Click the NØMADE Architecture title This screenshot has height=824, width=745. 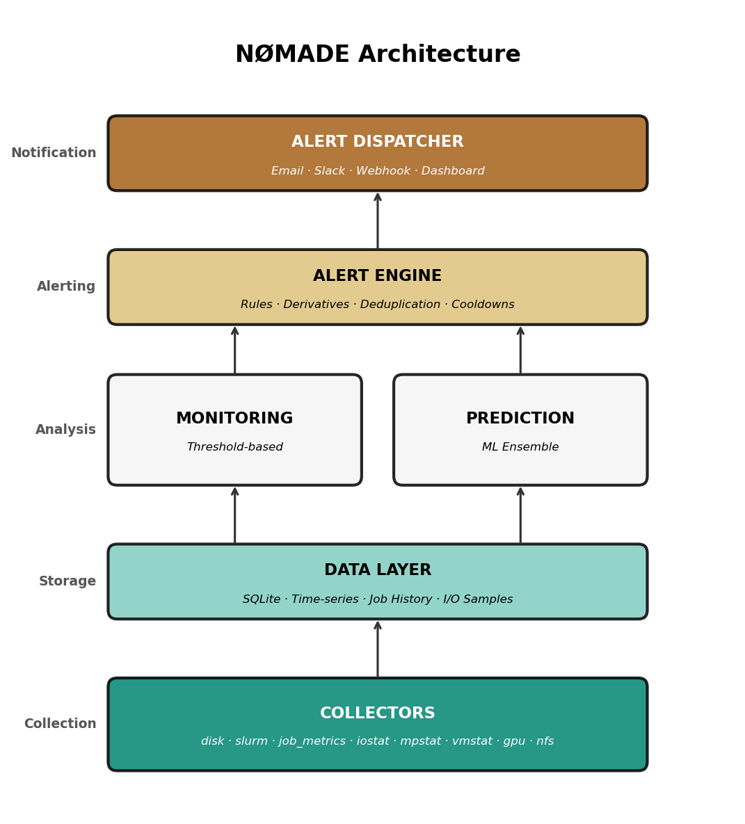[x=378, y=54]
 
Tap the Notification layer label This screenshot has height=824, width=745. [x=54, y=153]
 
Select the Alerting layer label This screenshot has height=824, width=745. [x=66, y=286]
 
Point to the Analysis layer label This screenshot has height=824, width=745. [x=65, y=430]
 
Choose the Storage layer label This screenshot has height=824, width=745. [x=67, y=581]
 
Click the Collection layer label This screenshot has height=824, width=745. [x=60, y=724]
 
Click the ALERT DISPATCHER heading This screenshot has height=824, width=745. [x=378, y=142]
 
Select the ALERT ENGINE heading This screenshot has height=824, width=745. [x=378, y=276]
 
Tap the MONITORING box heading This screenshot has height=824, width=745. [x=234, y=419]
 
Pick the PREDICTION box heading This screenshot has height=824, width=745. [x=520, y=419]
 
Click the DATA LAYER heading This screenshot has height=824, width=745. [x=378, y=570]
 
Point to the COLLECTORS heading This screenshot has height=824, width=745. [x=378, y=713]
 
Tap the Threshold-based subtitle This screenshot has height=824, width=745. [x=235, y=447]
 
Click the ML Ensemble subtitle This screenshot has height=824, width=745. [x=520, y=447]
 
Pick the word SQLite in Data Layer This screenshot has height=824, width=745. [x=259, y=599]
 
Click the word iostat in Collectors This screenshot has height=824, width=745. [x=371, y=741]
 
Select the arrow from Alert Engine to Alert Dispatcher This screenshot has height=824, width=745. [x=378, y=220]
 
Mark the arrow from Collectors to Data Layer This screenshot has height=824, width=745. [x=378, y=649]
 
